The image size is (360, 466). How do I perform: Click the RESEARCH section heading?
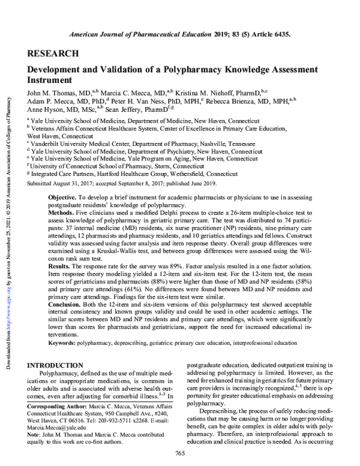pyautogui.click(x=53, y=53)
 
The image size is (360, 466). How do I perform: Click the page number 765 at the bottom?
pyautogui.click(x=179, y=453)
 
